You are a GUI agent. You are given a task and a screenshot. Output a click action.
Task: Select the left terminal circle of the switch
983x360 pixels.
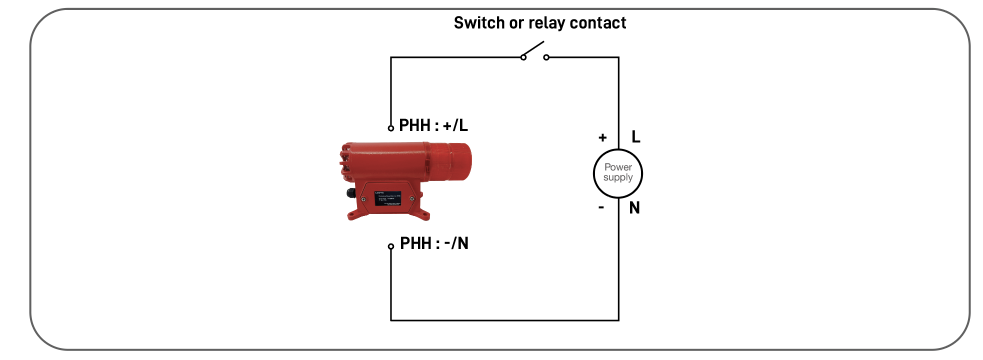[x=523, y=57]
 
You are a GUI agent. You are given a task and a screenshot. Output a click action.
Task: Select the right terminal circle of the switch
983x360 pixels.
[x=546, y=57]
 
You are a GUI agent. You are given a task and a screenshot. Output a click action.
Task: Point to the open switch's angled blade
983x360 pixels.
[x=533, y=49]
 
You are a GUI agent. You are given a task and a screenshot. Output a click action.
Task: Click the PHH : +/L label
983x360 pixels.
[x=433, y=125]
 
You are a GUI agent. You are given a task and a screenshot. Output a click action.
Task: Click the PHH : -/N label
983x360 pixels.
[x=434, y=243]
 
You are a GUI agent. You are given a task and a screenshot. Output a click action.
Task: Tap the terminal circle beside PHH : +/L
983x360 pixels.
[x=391, y=128]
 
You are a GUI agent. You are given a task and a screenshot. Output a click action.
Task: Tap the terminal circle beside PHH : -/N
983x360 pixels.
[x=391, y=246]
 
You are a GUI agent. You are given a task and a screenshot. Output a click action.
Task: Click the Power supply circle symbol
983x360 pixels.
[x=618, y=173]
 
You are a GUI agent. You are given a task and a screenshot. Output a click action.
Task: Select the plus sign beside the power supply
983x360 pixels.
[x=602, y=137]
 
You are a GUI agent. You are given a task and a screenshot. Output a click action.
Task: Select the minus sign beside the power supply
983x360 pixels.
[x=601, y=207]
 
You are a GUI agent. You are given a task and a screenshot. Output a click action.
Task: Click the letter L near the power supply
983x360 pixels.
[x=635, y=136]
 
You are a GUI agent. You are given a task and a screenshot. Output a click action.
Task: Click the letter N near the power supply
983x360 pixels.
[x=634, y=208]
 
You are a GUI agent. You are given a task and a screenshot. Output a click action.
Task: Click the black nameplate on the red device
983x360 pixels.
[x=387, y=198]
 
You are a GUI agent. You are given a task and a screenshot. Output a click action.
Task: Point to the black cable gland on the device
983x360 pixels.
[x=350, y=193]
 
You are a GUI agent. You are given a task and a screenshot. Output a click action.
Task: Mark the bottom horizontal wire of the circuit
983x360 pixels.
[x=505, y=320]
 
